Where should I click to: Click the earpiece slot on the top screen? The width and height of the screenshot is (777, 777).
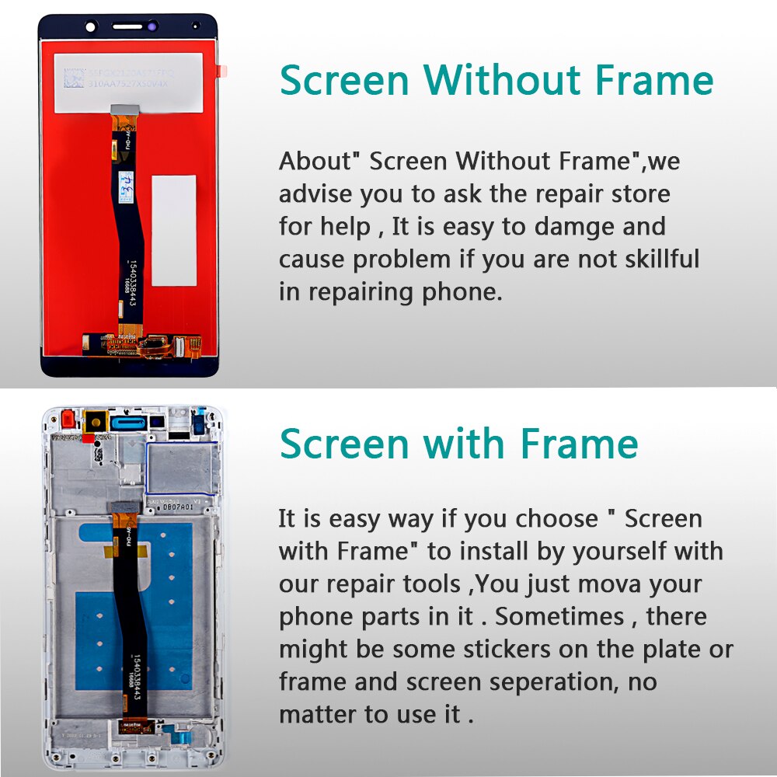click(x=128, y=26)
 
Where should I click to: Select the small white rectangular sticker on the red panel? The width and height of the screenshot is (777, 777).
click(x=173, y=230)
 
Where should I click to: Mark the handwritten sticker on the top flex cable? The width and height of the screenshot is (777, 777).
click(x=125, y=183)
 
